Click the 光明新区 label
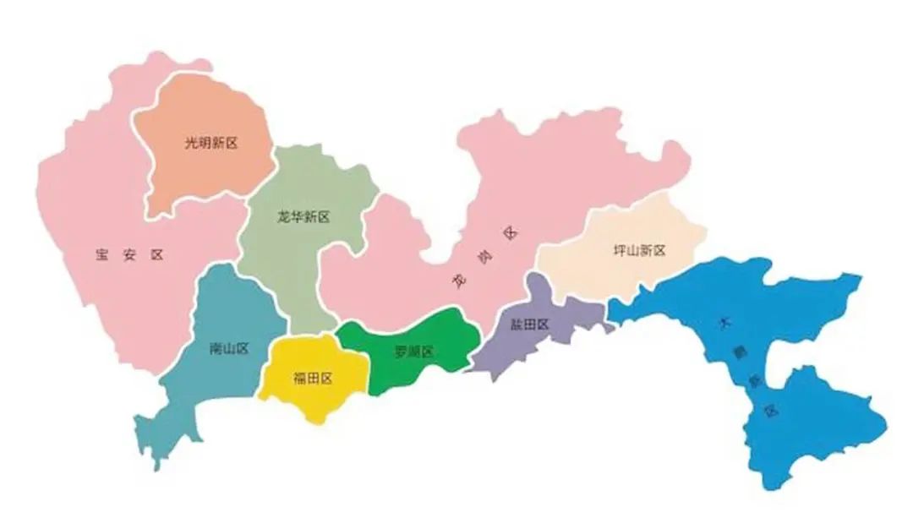(x=211, y=144)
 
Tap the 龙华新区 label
(x=303, y=217)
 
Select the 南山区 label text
(x=228, y=349)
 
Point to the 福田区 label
(x=313, y=379)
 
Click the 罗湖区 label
(x=413, y=352)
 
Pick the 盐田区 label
(x=530, y=324)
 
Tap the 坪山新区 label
(x=640, y=251)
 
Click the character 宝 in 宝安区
(x=103, y=255)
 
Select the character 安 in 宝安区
(x=129, y=255)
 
